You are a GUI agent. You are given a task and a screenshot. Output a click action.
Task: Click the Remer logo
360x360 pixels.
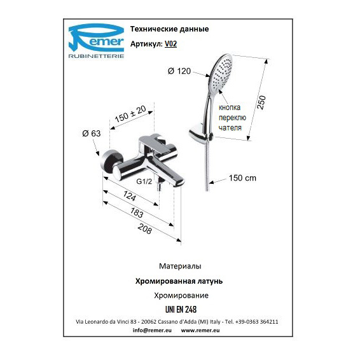97,41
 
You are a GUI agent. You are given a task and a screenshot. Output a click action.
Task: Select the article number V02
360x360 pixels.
171,44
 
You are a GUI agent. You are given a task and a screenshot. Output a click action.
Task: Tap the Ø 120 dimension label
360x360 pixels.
179,71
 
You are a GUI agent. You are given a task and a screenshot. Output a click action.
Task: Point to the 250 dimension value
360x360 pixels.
261,102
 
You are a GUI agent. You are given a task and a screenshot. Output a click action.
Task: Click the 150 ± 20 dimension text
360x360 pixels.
130,114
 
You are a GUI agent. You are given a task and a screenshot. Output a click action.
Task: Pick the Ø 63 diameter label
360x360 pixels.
92,134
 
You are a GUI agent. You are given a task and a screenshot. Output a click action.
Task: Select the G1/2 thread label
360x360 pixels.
144,181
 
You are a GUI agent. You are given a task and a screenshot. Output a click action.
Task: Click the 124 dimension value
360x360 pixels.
130,196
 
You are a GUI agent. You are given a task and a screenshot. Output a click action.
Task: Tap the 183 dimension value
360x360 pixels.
137,212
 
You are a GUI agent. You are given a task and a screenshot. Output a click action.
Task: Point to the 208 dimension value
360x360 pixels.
145,229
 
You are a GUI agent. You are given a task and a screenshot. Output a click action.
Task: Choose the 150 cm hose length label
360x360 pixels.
242,178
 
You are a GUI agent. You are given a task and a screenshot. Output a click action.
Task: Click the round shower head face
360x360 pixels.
221,73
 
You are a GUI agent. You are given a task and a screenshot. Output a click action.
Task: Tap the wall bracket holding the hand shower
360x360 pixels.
200,134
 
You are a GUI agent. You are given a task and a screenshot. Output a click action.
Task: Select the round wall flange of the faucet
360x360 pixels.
111,163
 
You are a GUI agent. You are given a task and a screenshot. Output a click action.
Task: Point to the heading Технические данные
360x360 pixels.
170,29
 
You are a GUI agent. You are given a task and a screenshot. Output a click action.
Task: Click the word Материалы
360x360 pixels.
180,266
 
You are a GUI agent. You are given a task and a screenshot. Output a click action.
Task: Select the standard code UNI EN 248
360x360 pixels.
181,310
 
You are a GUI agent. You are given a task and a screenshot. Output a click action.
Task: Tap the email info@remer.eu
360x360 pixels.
152,330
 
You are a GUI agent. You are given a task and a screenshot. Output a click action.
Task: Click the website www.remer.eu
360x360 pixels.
200,330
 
